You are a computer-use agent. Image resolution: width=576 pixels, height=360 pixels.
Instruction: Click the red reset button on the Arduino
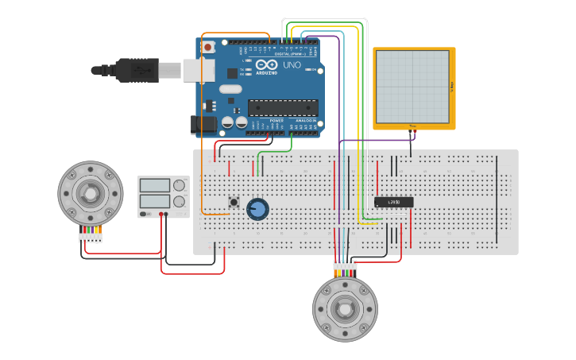pos(208,48)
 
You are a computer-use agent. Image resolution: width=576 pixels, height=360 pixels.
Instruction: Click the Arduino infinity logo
pos(266,64)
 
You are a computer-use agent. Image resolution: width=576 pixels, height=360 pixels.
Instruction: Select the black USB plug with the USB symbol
pos(138,70)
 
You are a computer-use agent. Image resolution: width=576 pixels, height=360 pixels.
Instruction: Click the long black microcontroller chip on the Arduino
pos(283,108)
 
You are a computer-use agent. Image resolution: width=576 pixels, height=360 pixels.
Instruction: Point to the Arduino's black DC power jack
pos(203,124)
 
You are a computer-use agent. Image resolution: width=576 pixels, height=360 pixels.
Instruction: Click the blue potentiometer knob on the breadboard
pos(257,210)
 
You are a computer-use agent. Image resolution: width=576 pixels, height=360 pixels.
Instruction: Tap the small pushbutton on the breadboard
pos(234,202)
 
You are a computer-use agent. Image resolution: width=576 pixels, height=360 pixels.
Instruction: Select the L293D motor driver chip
pos(393,203)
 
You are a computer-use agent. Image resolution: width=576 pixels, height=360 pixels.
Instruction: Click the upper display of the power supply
pos(155,185)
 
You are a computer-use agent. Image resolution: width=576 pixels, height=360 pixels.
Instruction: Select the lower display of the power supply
pos(155,201)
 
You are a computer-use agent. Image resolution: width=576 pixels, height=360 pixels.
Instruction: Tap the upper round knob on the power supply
pos(180,185)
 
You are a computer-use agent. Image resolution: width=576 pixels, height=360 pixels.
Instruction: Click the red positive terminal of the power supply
pos(161,214)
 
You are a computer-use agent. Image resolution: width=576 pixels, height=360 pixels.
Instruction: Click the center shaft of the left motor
pos(91,193)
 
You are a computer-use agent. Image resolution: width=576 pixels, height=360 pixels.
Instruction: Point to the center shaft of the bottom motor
pos(345,309)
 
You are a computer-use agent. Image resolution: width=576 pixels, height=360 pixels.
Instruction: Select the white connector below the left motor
pos(90,238)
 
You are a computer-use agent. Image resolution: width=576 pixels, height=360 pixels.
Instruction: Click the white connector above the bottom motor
pos(345,265)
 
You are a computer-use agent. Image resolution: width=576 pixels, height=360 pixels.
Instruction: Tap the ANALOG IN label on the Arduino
pos(305,121)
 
